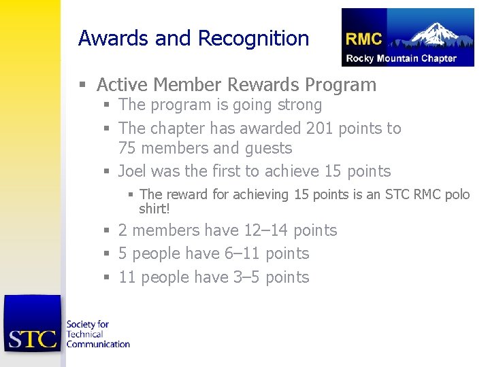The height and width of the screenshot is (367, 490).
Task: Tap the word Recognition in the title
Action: pos(253,39)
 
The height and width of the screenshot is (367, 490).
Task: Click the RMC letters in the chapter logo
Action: pos(364,39)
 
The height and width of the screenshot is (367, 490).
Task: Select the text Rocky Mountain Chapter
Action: pos(402,58)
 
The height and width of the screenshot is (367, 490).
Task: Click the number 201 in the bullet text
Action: pos(321,128)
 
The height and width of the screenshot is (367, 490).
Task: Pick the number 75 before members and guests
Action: pos(128,148)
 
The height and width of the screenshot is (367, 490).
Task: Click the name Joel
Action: pos(133,171)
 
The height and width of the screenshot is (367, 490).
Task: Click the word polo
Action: pos(457,195)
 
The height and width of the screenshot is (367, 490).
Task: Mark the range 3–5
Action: pos(246,277)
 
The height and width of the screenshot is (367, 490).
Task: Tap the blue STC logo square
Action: pos(32,324)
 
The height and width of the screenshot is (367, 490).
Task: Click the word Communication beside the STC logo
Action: pos(97,344)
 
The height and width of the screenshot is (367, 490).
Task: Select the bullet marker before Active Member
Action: pos(82,86)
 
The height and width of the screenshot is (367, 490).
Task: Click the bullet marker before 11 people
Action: pos(106,278)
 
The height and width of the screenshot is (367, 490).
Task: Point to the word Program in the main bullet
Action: pos(340,85)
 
